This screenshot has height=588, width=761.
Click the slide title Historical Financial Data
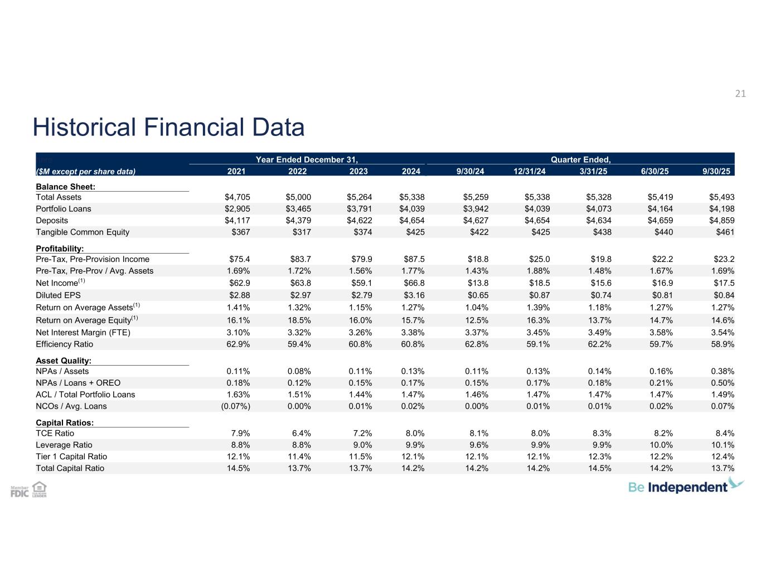point(168,127)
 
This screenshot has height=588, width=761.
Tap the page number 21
point(740,94)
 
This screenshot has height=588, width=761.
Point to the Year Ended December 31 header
point(306,160)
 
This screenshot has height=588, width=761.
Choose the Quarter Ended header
point(580,160)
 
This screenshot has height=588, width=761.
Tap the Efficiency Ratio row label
point(65,344)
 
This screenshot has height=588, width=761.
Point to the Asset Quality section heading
point(64,361)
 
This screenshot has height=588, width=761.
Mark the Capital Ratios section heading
point(65,422)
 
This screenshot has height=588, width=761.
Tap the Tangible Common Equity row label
point(83,232)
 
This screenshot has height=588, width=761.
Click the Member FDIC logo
point(20,492)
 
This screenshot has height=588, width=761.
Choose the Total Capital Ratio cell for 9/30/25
point(723,468)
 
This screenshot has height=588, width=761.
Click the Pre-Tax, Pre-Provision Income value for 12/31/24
point(539,259)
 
